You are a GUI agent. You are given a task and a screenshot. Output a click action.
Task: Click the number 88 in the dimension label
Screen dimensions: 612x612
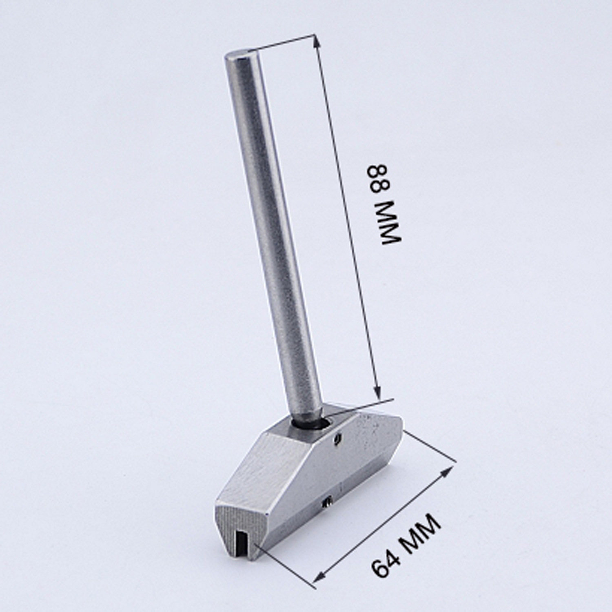pos(380,179)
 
